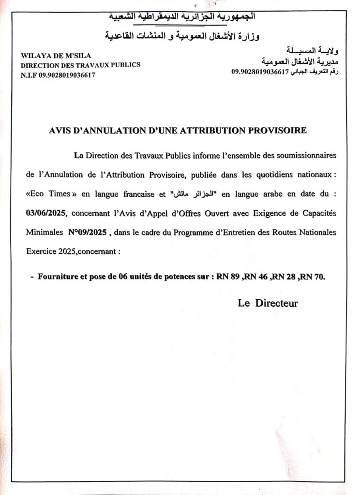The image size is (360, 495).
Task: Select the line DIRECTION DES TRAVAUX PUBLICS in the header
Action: [x=80, y=65]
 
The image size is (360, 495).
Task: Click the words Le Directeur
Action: [x=268, y=304]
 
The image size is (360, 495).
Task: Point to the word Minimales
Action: [x=42, y=232]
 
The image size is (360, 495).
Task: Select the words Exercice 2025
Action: [x=51, y=251]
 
